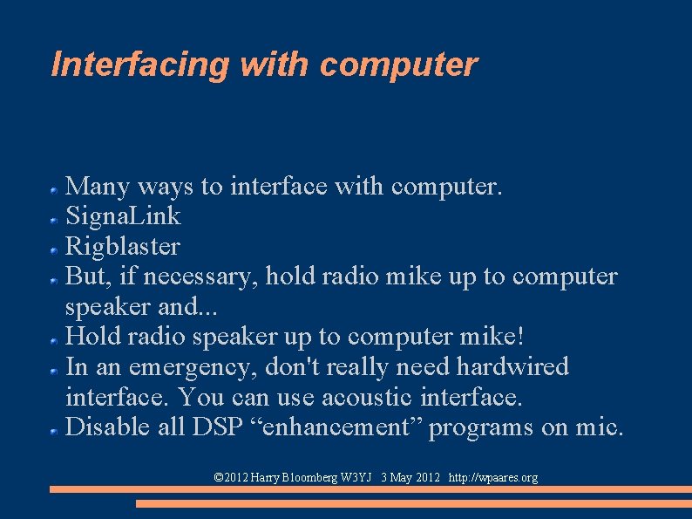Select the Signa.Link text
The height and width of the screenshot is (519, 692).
point(123,215)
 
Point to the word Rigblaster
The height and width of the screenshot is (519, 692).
point(123,246)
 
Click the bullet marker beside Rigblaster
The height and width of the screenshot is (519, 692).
point(54,249)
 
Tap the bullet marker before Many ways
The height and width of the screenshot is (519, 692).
point(54,188)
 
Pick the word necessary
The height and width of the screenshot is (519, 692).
point(200,277)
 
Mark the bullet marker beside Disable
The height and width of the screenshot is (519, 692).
point(54,430)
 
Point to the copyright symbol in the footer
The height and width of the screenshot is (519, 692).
point(219,477)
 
